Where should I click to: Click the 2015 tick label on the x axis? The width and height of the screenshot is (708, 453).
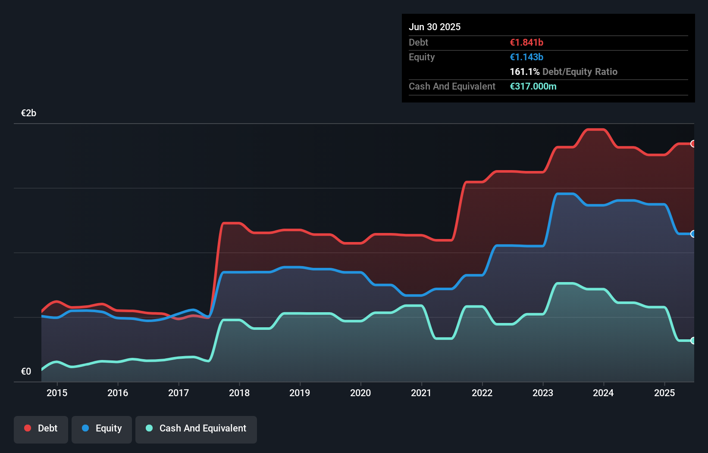[x=57, y=393]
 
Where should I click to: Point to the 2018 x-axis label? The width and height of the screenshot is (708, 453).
[x=239, y=393]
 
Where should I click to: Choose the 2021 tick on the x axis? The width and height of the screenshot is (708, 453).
[x=421, y=393]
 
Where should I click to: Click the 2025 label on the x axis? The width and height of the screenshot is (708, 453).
[x=664, y=393]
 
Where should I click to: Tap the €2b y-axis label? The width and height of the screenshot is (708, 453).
[x=28, y=113]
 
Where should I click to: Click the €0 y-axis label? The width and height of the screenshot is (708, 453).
[x=26, y=371]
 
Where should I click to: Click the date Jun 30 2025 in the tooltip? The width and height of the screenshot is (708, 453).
[x=435, y=27]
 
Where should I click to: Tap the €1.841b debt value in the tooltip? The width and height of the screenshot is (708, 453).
[x=526, y=43]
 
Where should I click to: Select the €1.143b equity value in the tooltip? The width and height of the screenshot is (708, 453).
[x=526, y=57]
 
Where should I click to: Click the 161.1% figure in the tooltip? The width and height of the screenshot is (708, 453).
[x=525, y=72]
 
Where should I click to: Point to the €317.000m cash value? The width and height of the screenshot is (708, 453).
[x=533, y=87]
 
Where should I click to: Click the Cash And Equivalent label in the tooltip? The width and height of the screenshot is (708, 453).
[x=452, y=87]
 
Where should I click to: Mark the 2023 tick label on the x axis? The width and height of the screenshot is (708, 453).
[x=543, y=393]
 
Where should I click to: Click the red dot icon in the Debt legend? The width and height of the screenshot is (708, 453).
[x=28, y=428]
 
